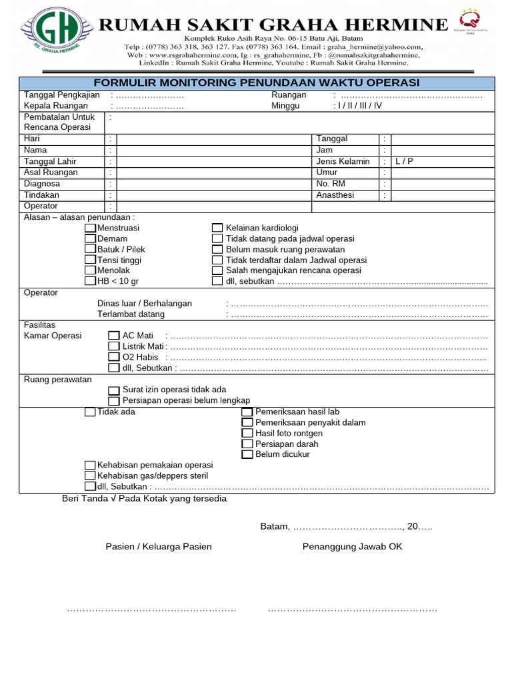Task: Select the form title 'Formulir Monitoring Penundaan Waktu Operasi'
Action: coord(256,83)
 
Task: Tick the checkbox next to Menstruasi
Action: coord(90,228)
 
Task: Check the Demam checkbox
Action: coord(90,239)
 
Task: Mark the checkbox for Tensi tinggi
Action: coord(90,260)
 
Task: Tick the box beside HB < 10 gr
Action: coord(90,282)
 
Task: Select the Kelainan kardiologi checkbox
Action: coord(217,228)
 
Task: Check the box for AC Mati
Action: coord(114,336)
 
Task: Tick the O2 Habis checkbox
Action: coord(114,357)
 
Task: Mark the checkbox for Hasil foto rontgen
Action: coord(247,433)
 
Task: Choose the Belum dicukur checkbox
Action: coord(247,454)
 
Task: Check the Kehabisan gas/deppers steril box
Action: coord(90,476)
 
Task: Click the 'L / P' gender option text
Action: coord(404,161)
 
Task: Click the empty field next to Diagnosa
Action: coord(213,184)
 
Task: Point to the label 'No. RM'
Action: coord(331,184)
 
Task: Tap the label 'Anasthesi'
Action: coord(335,195)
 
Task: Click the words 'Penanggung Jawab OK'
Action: coord(352,547)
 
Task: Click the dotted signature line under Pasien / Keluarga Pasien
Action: coord(151,609)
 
